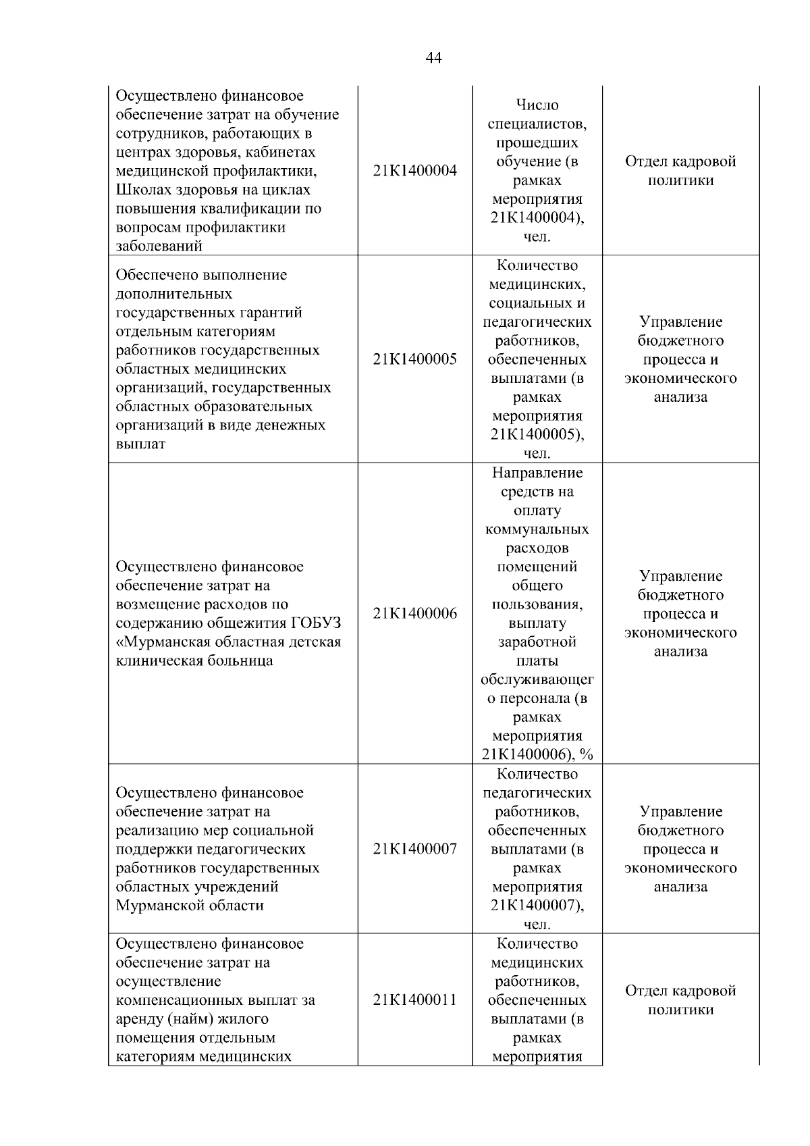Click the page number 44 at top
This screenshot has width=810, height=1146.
click(433, 58)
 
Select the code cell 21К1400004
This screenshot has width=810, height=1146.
click(414, 171)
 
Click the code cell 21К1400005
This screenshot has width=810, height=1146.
click(414, 359)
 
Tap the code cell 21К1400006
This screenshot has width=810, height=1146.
click(414, 614)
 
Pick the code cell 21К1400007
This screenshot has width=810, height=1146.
click(414, 849)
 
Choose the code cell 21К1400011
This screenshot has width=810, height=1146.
click(414, 1000)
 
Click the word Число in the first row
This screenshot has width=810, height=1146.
click(537, 105)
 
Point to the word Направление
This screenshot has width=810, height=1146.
click(537, 473)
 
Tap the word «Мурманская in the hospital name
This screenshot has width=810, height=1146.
click(161, 642)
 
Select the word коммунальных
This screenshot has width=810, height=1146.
click(537, 529)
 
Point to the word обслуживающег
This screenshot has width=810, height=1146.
click(537, 680)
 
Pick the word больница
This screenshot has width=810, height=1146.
click(240, 661)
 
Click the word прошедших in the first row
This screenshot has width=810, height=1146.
click(537, 143)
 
